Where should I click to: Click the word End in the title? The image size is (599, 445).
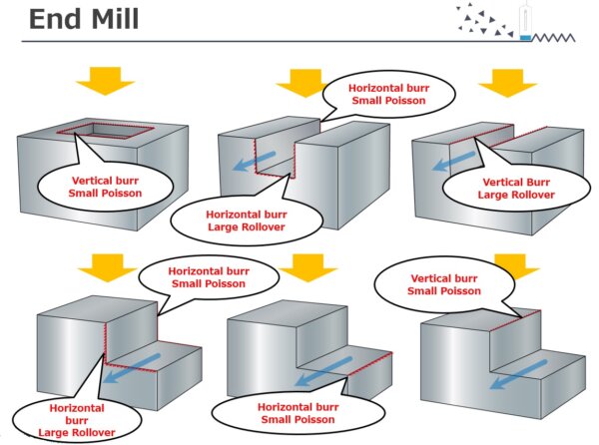(x=56, y=19)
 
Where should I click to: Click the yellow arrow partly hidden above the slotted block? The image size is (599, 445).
(x=299, y=85)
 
